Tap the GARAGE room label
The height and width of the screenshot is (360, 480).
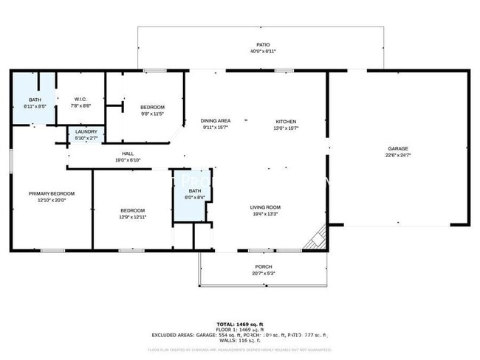pyautogui.click(x=397, y=148)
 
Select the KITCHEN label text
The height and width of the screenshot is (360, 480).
pyautogui.click(x=286, y=121)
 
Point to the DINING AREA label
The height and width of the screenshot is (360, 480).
pyautogui.click(x=216, y=121)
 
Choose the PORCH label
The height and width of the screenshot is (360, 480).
pyautogui.click(x=264, y=266)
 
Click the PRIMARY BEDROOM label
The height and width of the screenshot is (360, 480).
pyautogui.click(x=51, y=193)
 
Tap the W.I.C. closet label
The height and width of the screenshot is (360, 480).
pyautogui.click(x=81, y=100)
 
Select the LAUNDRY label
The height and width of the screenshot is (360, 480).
pyautogui.click(x=86, y=131)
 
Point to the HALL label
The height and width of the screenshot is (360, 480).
pyautogui.click(x=128, y=153)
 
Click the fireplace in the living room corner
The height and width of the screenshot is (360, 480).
pyautogui.click(x=318, y=238)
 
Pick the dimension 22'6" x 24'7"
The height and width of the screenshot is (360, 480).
pyautogui.click(x=397, y=156)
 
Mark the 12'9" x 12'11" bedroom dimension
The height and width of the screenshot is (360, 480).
pyautogui.click(x=133, y=218)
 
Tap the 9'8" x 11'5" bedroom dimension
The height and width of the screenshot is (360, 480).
pyautogui.click(x=152, y=114)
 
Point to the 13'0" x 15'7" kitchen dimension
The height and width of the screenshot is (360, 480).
pyautogui.click(x=286, y=128)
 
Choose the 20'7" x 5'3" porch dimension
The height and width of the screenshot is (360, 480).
pyautogui.click(x=264, y=273)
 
